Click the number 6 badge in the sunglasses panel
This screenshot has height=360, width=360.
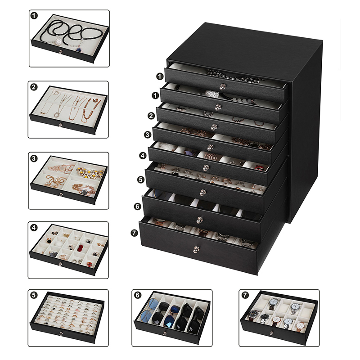(137, 295)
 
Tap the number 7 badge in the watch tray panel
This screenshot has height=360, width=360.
(245, 295)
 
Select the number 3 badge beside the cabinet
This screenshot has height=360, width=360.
(147, 134)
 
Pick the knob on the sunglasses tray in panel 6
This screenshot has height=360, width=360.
(164, 333)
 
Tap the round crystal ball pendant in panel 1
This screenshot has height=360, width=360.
(58, 42)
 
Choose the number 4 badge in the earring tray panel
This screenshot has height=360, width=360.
(35, 228)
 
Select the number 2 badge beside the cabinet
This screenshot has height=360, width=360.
(152, 115)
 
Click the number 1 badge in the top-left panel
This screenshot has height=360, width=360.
(35, 15)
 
